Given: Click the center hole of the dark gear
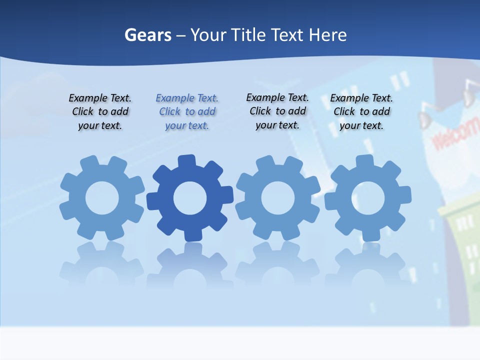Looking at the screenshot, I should click(190, 198).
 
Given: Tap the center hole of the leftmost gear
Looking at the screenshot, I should click(102, 198).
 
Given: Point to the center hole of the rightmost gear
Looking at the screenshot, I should click(368, 198).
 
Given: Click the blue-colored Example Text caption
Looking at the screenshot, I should click(187, 111).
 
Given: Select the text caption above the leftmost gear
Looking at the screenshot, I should click(100, 111).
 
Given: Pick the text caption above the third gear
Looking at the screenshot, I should click(277, 111).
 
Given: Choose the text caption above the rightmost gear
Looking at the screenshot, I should click(361, 111).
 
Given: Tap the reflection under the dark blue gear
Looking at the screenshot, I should click(190, 265).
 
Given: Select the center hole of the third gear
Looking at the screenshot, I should click(278, 198).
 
